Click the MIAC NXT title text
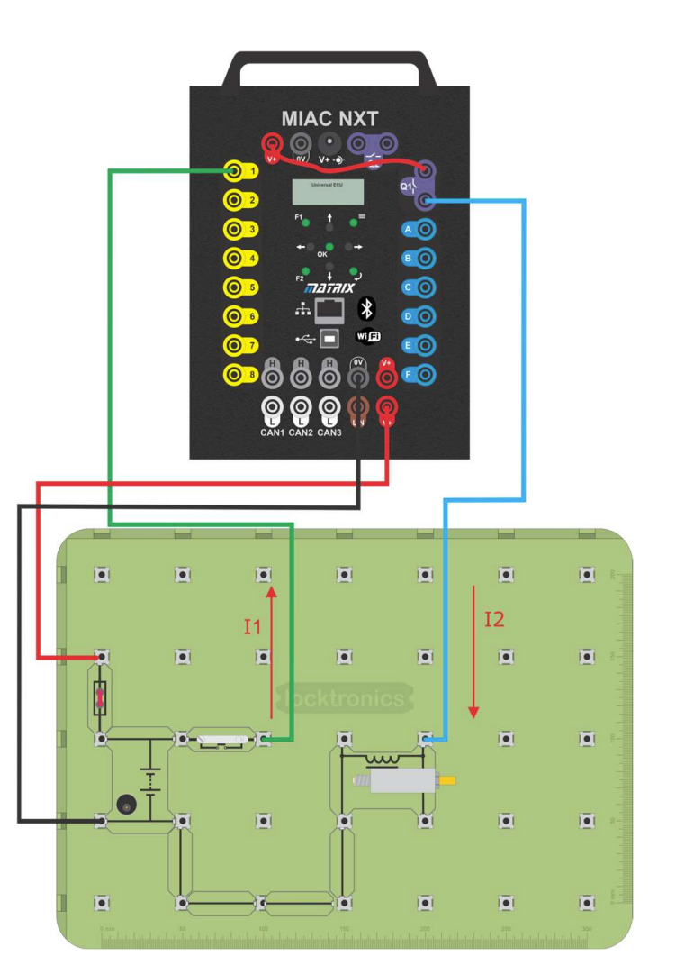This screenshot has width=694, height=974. click(329, 118)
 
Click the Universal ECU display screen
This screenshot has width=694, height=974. click(329, 191)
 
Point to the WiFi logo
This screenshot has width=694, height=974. click(368, 337)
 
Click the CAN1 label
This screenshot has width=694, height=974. click(274, 432)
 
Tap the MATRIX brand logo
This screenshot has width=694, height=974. click(329, 288)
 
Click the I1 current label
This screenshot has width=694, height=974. click(252, 626)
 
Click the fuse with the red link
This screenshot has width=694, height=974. click(102, 696)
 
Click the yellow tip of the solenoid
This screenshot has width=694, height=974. click(446, 779)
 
